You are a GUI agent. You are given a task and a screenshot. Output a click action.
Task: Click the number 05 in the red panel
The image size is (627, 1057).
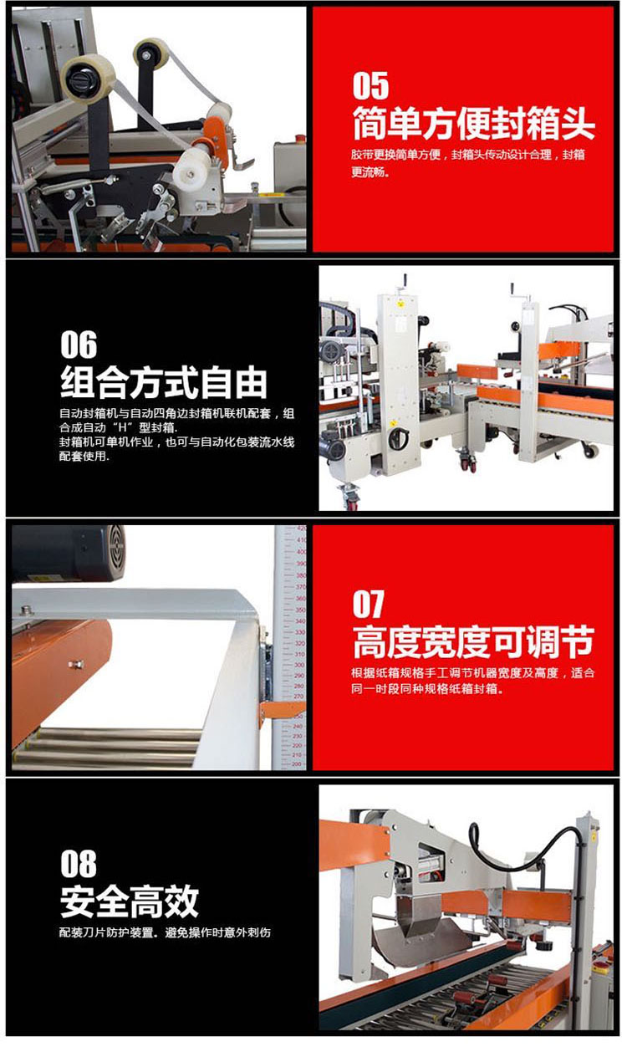point(371,85)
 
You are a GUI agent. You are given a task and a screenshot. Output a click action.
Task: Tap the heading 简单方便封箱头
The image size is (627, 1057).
point(473,123)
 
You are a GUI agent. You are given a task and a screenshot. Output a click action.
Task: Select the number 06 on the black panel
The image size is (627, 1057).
point(79,345)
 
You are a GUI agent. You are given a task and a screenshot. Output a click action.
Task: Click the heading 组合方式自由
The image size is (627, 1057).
point(164,382)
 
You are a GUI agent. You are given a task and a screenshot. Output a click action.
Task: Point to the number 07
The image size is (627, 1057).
point(369,604)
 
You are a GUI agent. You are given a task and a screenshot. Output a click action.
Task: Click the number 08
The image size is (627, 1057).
point(79,864)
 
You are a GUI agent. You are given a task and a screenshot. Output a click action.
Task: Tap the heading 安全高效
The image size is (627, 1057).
point(130,901)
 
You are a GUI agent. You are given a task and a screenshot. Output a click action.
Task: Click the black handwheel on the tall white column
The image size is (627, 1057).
point(399,437)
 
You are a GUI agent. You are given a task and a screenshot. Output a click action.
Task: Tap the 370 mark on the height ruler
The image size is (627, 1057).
point(300,588)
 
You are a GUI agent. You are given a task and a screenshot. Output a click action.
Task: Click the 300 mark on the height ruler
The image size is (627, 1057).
point(299,665)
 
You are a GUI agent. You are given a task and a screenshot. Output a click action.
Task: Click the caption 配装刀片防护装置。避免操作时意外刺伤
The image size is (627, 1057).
point(166,933)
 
